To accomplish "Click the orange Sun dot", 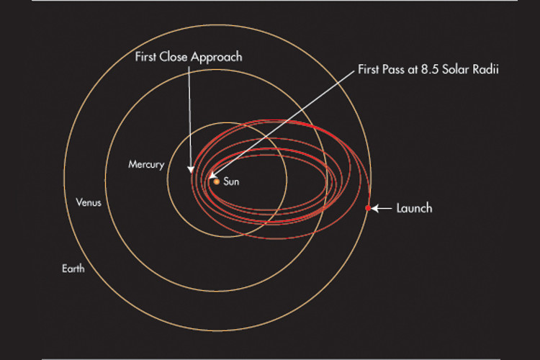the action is [216, 181].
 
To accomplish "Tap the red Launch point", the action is [368, 208].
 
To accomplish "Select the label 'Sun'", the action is [231, 181].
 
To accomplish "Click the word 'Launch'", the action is [414, 208].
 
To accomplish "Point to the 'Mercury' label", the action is [146, 164].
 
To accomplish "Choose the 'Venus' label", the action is [89, 202].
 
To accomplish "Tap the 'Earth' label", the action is [73, 269].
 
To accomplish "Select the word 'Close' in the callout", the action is [174, 56].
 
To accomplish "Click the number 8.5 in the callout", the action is [430, 70].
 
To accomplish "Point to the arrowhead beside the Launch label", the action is [375, 208].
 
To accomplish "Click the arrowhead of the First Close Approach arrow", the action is [191, 169].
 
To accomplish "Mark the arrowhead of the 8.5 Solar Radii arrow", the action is [212, 176].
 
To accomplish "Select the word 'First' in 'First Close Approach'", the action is [145, 56].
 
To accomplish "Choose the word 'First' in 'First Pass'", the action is [369, 70].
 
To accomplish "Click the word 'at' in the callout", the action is [413, 70].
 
